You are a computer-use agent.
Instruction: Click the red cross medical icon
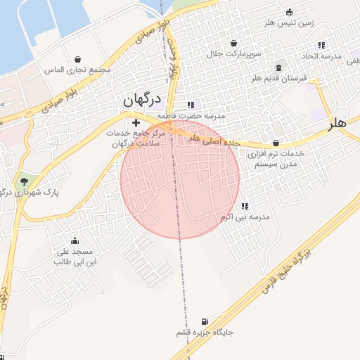click(136, 123)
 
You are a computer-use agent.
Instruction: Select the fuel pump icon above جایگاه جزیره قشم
click(205, 321)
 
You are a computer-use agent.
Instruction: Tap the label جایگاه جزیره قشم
click(205, 332)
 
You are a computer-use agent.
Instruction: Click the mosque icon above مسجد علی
click(74, 240)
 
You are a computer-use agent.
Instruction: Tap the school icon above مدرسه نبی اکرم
click(245, 207)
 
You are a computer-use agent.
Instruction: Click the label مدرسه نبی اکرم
click(245, 217)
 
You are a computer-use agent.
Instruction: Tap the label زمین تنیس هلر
click(289, 23)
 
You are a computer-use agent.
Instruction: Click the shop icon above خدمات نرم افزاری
click(275, 143)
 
